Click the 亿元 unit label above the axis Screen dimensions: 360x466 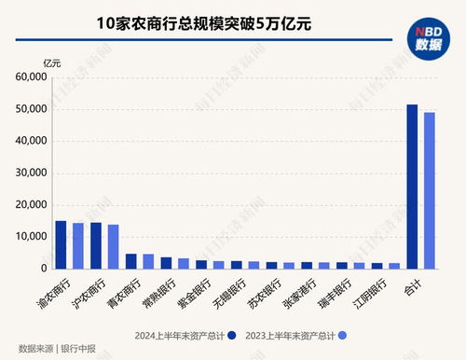pyautogui.click(x=52, y=62)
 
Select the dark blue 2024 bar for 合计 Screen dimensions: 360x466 pyautogui.click(x=412, y=187)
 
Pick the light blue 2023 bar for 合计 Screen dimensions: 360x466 pyautogui.click(x=430, y=190)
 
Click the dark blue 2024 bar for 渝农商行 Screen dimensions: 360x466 pyautogui.click(x=62, y=244)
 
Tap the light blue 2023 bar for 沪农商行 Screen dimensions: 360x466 pyautogui.click(x=113, y=246)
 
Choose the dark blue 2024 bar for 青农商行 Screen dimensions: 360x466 pyautogui.click(x=131, y=261)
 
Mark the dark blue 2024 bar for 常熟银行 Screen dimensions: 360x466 pyautogui.click(x=166, y=263)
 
